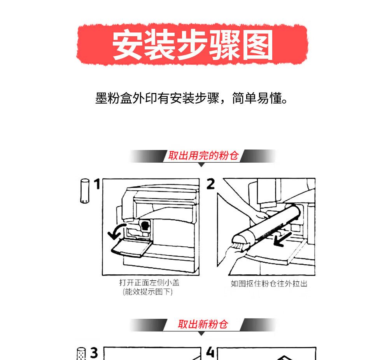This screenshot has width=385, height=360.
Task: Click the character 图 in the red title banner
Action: tap(258, 45)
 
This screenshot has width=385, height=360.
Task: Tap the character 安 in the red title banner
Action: tap(128, 45)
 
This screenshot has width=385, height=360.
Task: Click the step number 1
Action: tap(97, 184)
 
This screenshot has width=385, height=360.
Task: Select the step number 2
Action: tap(211, 184)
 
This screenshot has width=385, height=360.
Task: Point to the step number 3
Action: tap(94, 353)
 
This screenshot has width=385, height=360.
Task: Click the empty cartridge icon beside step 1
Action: tap(85, 191)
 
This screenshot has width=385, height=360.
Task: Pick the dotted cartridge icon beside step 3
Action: tap(81, 354)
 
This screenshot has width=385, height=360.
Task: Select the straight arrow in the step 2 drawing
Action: tap(282, 239)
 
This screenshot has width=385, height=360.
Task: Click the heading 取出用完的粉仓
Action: tap(203, 156)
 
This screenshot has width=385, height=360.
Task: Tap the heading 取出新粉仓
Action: tap(203, 324)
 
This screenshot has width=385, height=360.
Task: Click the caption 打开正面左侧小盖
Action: tap(149, 283)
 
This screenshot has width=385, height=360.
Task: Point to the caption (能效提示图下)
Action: tap(148, 292)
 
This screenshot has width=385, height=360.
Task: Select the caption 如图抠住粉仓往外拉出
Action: tap(269, 284)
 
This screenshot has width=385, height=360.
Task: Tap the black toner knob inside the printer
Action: tap(145, 226)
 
